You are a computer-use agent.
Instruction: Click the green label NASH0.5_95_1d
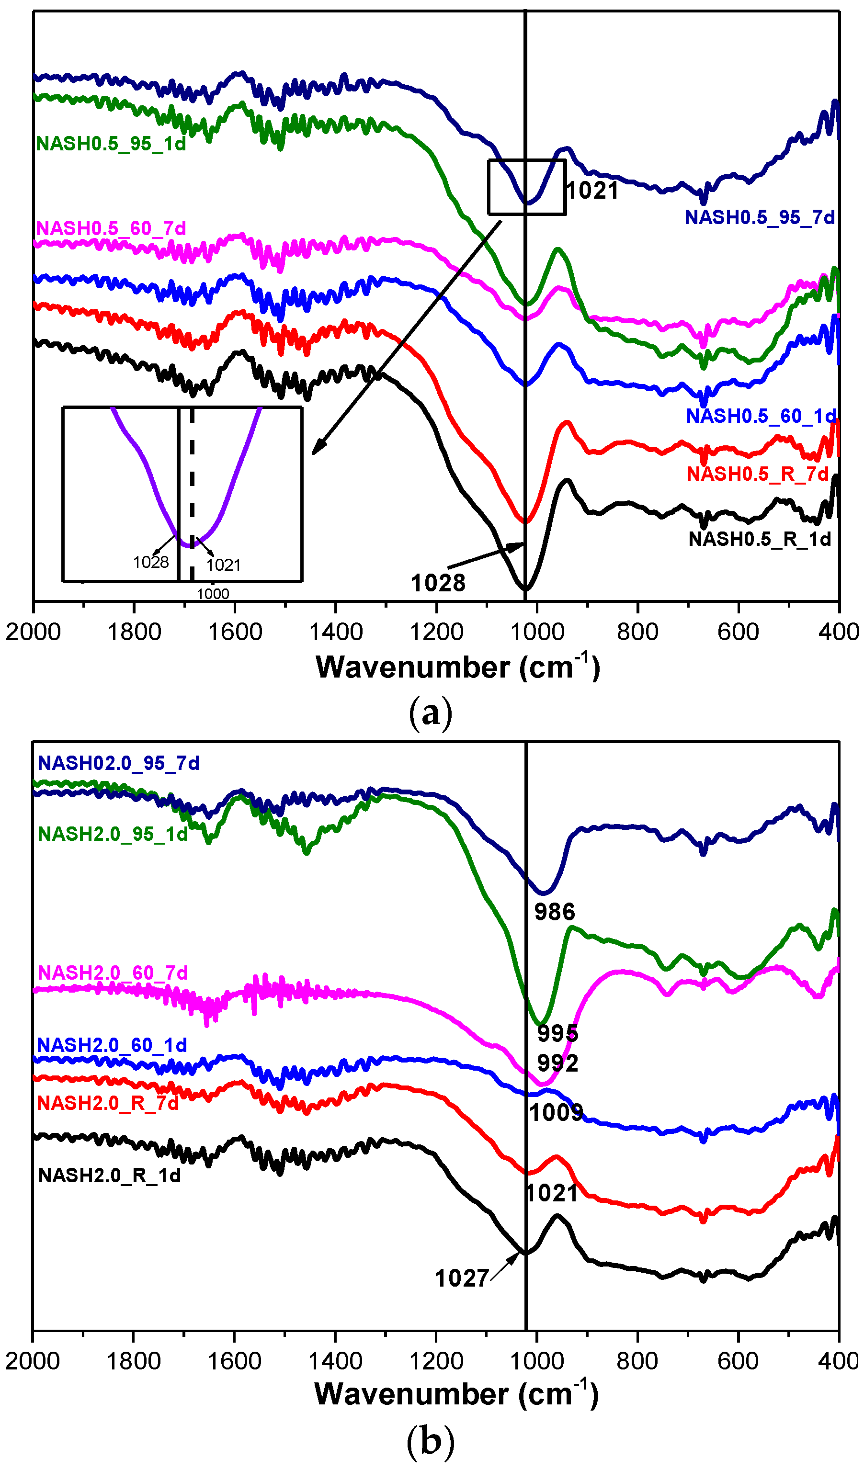tap(111, 144)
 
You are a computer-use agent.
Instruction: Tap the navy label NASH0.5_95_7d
tap(760, 217)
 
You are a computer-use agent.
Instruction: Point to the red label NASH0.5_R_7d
tap(757, 474)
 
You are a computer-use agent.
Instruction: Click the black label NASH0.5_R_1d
tap(760, 540)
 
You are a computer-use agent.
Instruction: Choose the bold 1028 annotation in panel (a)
tap(438, 583)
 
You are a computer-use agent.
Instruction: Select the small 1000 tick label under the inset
tap(213, 594)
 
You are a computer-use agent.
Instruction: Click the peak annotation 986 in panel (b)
tap(555, 912)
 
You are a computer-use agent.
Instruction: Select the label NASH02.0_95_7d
tap(118, 763)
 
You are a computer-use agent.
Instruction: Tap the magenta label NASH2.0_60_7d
tap(113, 973)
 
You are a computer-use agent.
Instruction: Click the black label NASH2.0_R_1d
tap(109, 1176)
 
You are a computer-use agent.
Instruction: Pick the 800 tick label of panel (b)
tap(637, 1361)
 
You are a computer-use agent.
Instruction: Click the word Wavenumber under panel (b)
tap(411, 1394)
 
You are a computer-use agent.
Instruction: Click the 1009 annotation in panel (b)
tap(556, 1113)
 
